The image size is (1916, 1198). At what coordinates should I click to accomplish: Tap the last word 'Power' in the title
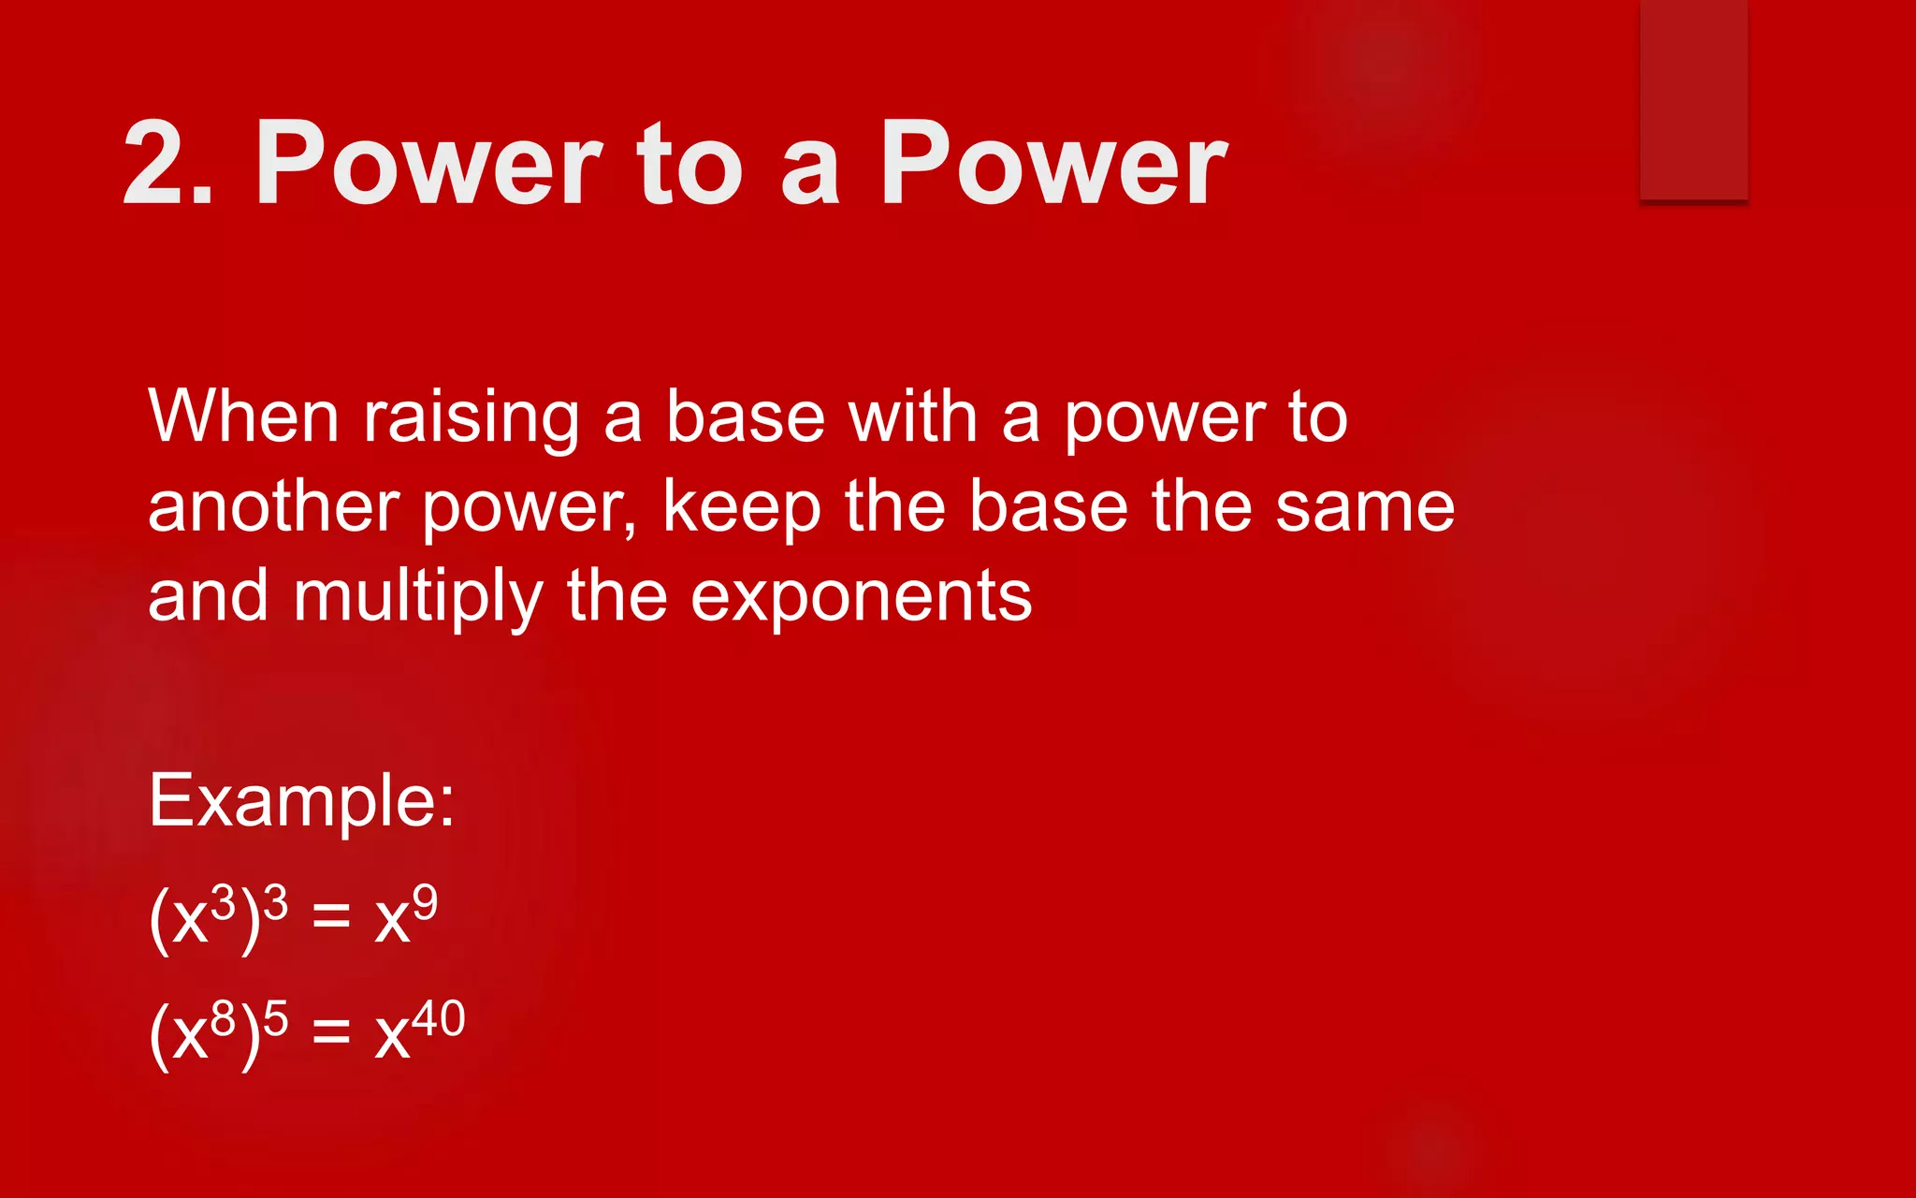[1053, 164]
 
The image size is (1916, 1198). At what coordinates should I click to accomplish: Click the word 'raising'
[472, 419]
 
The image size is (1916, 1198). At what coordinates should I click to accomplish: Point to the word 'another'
[274, 507]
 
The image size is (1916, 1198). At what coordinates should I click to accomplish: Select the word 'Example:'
[301, 802]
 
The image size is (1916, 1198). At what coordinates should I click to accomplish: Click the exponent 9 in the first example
[425, 902]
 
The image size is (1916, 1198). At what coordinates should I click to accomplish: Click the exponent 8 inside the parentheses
[223, 1018]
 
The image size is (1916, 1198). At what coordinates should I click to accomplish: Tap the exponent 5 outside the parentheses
[275, 1018]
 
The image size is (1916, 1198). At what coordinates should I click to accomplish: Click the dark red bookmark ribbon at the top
[1693, 98]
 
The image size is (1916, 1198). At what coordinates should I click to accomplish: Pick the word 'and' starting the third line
[209, 597]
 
